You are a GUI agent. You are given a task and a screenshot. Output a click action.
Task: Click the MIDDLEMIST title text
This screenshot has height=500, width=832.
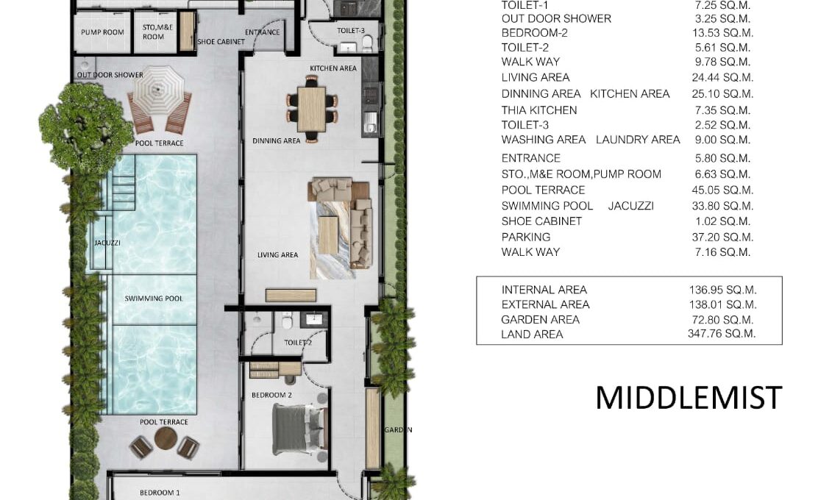coord(689,398)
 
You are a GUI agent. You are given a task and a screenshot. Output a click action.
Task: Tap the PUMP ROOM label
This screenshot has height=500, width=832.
coord(102,32)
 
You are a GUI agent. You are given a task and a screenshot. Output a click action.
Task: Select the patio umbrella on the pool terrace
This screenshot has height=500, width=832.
coord(158,88)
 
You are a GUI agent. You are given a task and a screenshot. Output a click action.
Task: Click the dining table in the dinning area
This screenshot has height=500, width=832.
coord(311,110)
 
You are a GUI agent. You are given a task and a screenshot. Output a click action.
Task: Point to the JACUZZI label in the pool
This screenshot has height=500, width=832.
coord(107,243)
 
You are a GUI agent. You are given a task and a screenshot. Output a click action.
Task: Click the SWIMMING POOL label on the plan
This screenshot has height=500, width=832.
coord(153,299)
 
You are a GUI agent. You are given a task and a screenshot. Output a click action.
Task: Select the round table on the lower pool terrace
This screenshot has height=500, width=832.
coord(166,438)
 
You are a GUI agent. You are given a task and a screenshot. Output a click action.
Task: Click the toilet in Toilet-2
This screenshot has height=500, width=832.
coord(287,321)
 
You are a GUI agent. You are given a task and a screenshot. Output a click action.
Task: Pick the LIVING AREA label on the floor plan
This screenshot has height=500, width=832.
coord(277,255)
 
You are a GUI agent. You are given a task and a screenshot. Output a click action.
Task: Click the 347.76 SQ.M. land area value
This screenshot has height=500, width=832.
coord(722,334)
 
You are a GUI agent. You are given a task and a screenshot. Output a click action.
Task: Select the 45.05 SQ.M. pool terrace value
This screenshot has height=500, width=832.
coord(722,190)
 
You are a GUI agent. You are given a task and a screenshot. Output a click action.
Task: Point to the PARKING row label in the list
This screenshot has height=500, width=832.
coord(526,237)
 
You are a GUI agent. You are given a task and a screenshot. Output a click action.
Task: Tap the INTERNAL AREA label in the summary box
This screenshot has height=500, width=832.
coord(544,290)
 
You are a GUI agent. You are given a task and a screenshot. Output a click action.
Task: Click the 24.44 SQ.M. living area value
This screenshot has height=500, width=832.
coord(722,77)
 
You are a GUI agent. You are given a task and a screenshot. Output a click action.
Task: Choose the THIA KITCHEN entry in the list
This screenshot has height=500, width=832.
coord(539,110)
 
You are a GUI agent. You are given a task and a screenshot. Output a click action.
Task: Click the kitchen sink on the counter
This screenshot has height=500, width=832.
coord(370,126)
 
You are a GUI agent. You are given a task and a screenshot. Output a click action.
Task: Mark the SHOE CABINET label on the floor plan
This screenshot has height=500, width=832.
coord(221,41)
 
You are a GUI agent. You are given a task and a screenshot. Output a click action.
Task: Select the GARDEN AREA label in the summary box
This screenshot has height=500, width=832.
coord(540,320)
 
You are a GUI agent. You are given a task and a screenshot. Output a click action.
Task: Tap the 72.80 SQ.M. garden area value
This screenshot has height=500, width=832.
coord(722,320)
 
